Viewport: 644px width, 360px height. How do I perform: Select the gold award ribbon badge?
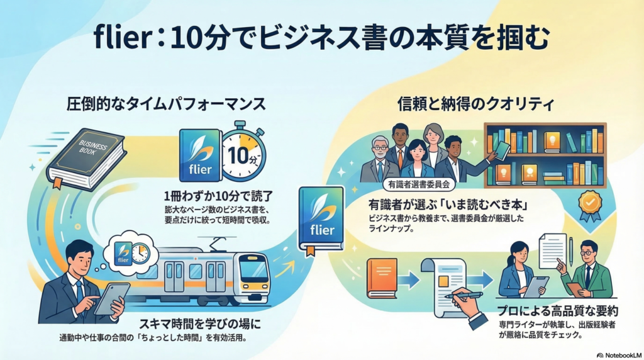tap(590, 206)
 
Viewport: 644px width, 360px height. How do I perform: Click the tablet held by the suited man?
tap(113, 298)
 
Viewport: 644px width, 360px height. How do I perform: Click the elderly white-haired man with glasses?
tap(379, 155)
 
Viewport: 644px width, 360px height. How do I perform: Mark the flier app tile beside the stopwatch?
tap(200, 155)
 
